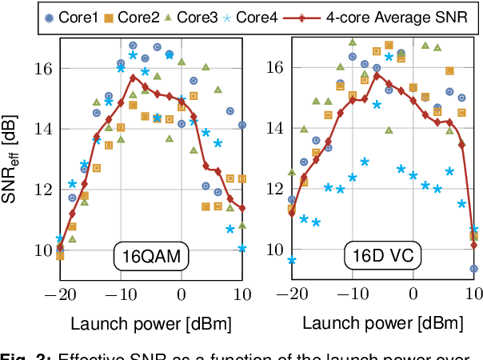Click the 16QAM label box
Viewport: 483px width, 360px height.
tap(150, 258)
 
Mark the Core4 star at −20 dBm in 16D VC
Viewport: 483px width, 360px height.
tap(292, 260)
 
